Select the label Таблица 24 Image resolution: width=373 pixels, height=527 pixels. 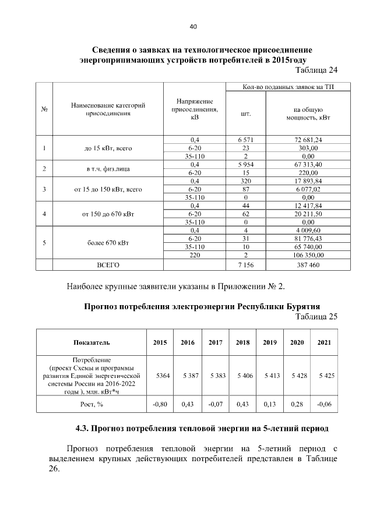[317, 70]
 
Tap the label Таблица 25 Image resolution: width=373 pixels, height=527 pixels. [317, 317]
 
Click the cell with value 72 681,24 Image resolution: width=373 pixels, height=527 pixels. [308, 140]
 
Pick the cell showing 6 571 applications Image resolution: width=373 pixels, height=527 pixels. [246, 140]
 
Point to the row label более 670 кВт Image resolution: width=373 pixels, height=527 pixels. [107, 242]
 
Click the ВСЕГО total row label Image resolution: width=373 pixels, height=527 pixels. [107, 265]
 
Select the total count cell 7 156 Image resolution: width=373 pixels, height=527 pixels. [246, 265]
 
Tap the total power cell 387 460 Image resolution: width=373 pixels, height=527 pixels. [308, 265]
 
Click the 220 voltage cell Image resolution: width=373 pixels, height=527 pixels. [195, 254]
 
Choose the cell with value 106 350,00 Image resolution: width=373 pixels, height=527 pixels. [308, 254]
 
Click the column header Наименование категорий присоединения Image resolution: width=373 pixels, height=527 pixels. [107, 109]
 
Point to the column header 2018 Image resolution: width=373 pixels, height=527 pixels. [242, 343]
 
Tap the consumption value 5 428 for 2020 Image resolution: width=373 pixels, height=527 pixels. [299, 376]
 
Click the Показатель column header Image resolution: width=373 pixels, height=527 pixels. [92, 343]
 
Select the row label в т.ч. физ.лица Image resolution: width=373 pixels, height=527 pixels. [107, 169]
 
